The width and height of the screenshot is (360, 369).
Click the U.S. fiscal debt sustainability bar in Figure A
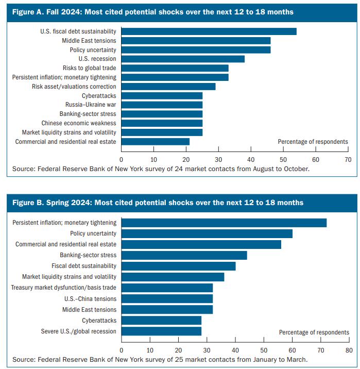click(209, 31)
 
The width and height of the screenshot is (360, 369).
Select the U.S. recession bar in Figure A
click(183, 59)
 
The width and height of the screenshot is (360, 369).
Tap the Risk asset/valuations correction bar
click(168, 87)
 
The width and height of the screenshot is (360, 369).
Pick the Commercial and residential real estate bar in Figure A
click(155, 142)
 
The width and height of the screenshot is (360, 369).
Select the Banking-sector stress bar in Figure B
click(184, 255)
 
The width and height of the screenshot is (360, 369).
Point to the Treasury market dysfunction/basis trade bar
click(167, 288)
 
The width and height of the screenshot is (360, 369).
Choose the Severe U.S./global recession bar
click(161, 331)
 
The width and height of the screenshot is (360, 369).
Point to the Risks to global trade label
click(89, 68)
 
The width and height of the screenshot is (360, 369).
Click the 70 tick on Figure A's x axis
click(348, 160)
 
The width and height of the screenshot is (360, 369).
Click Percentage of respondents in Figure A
click(313, 142)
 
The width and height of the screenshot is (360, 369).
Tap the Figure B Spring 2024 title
click(158, 203)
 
